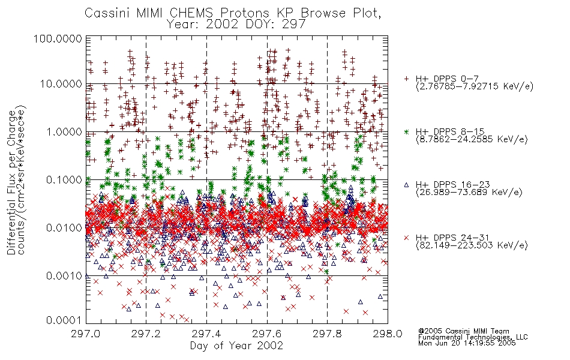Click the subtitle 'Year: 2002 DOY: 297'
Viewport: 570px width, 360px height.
coord(236,24)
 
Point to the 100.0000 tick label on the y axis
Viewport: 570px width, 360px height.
coord(58,38)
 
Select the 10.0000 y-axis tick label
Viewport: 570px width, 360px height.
coord(61,85)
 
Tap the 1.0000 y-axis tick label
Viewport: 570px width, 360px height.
coord(64,131)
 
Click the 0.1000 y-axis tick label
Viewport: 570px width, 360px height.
coord(64,179)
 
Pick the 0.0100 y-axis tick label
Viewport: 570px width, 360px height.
coord(64,228)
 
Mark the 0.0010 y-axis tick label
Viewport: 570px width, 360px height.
coord(64,276)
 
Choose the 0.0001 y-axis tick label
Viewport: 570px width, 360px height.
coord(64,320)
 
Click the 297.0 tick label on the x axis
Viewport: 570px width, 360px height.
coord(86,334)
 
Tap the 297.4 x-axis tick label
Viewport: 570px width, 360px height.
coord(206,334)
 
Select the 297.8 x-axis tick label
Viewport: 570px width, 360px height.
coord(327,334)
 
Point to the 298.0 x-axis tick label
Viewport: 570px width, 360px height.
coord(388,334)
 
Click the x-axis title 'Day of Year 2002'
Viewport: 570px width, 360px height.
coord(236,346)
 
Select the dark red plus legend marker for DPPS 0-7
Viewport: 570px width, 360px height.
coord(406,79)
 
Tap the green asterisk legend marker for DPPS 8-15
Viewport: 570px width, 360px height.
coord(406,131)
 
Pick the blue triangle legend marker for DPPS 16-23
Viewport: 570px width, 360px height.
coord(406,185)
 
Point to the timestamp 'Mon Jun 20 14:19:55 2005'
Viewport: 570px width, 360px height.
coord(467,343)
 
